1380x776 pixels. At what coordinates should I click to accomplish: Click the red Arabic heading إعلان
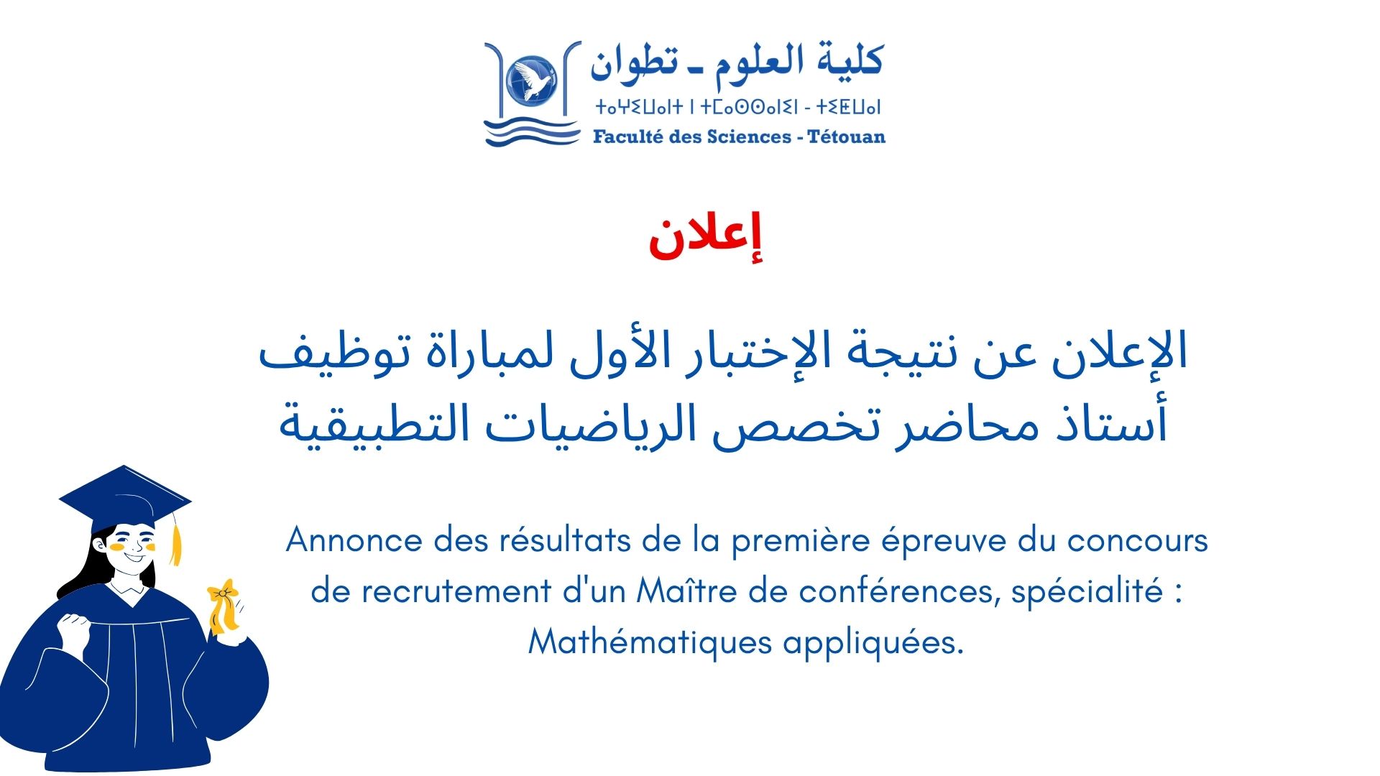(705, 238)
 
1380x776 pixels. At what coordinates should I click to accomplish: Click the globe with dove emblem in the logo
(532, 78)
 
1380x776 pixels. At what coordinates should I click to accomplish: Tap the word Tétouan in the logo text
(846, 137)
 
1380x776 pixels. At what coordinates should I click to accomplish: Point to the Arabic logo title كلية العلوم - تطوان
(737, 61)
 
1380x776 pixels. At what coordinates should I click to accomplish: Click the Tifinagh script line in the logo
(738, 108)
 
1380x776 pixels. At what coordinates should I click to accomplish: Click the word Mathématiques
(650, 642)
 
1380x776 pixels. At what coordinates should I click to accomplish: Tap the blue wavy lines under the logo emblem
(532, 134)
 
